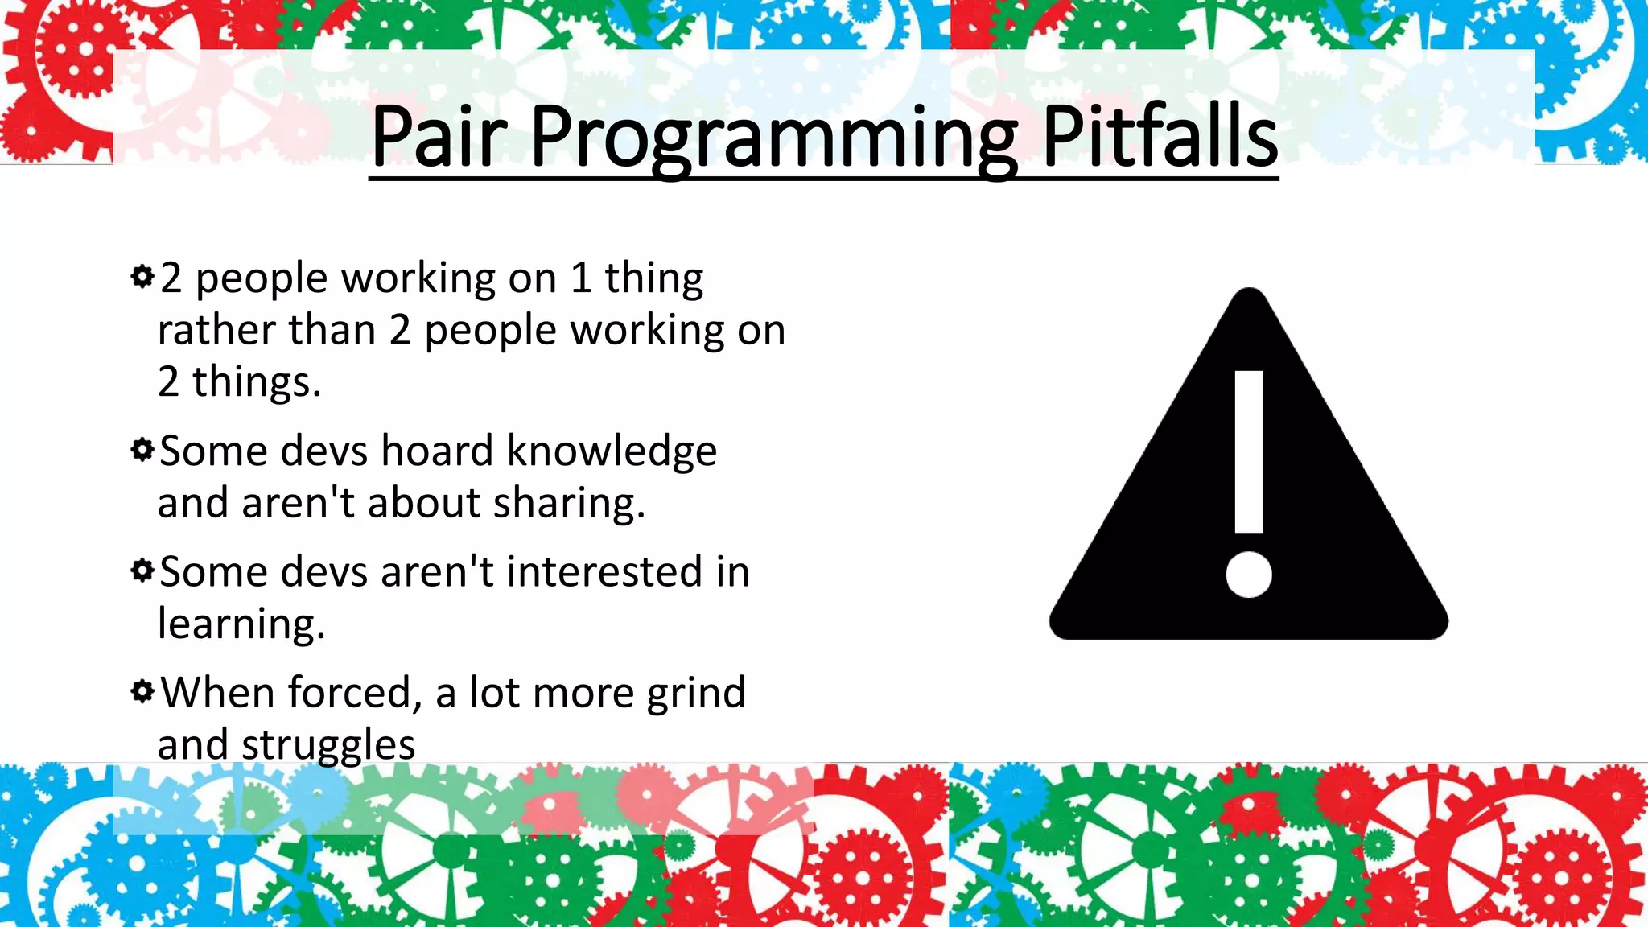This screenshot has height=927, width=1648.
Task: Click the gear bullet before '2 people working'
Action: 142,277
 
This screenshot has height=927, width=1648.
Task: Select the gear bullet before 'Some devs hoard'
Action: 142,449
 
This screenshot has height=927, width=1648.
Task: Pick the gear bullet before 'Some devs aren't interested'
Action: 142,571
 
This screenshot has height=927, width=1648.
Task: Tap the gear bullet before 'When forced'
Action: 142,691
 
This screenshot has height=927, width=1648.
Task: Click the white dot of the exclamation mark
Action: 1248,575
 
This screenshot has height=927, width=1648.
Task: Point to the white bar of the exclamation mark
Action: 1248,451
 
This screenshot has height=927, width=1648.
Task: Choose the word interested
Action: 604,571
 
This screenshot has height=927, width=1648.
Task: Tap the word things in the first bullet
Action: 256,382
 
